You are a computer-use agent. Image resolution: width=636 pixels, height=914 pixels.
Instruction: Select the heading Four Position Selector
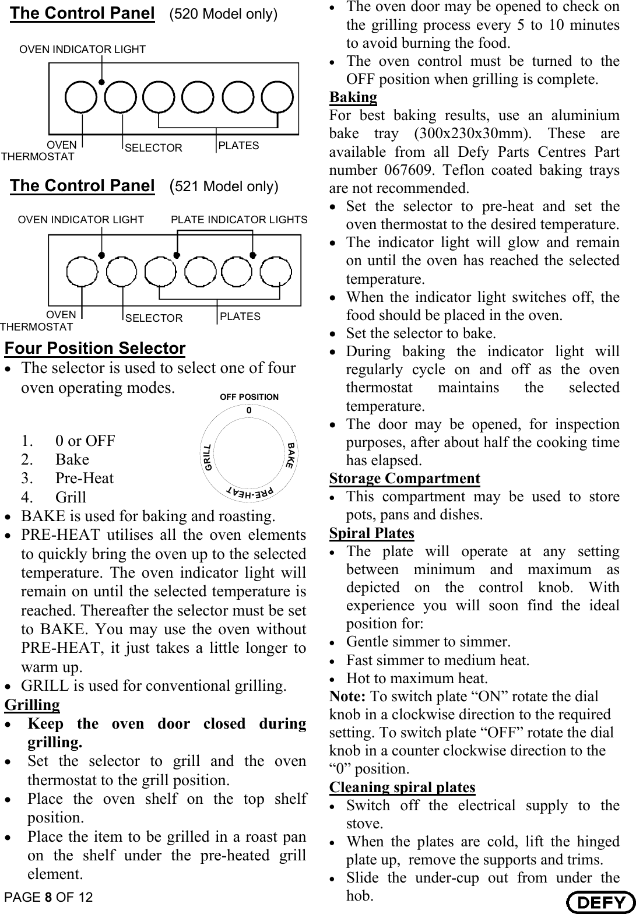[95, 348]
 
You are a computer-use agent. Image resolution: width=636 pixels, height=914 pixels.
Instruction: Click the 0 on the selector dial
[249, 411]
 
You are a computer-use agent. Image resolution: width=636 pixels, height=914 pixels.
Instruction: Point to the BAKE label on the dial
[290, 455]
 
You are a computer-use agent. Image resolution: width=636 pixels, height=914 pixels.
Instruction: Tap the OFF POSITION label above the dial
[249, 397]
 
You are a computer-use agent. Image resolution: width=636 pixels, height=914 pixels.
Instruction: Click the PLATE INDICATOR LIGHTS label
[239, 220]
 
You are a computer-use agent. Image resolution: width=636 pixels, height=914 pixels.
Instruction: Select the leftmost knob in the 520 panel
[81, 97]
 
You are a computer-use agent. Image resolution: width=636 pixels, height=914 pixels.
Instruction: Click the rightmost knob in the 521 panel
[276, 271]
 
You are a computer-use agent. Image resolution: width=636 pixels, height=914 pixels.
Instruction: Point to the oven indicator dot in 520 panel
[101, 82]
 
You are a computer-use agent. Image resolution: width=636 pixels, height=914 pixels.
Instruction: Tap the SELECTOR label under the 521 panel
[154, 318]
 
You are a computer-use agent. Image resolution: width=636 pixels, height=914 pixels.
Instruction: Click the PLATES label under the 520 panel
[238, 146]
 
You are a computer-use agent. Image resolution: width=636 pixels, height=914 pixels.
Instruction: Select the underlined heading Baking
[353, 97]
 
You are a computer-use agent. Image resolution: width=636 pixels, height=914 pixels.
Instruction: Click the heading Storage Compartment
[405, 479]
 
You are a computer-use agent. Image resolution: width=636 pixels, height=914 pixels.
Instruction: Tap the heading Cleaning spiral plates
[402, 788]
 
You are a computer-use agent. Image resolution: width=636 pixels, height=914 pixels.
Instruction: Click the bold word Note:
[347, 697]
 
